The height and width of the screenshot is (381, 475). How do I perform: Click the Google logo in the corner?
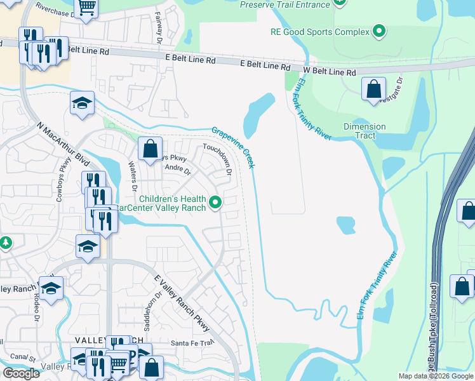tap(21, 373)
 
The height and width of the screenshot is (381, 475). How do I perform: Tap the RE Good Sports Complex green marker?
tap(379, 31)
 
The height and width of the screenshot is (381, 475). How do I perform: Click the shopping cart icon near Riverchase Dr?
tap(86, 6)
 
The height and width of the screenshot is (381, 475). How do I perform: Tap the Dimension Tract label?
tap(365, 131)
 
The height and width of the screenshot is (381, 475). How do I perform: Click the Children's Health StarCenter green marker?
tap(216, 203)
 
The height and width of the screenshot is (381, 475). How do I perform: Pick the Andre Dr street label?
tap(177, 170)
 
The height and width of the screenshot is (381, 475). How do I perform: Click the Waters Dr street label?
tap(133, 176)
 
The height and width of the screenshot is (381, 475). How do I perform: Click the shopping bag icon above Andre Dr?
tap(151, 149)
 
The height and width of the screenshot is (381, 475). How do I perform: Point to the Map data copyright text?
tap(436, 375)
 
